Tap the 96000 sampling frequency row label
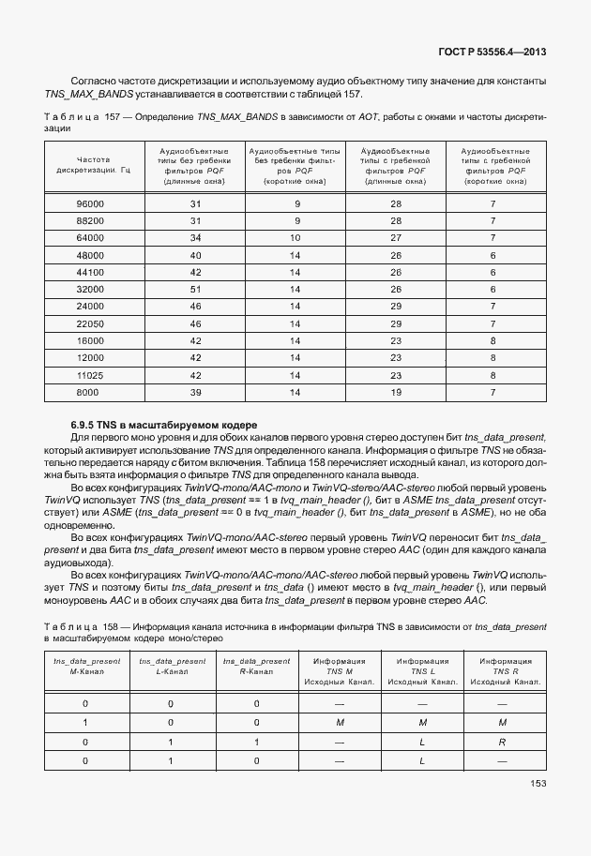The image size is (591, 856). point(90,203)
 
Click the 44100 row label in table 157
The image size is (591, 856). point(90,272)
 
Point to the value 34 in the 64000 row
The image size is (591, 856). point(196,237)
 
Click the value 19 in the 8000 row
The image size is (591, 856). point(396,392)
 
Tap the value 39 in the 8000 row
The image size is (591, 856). point(196,392)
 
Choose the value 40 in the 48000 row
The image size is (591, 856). point(196,255)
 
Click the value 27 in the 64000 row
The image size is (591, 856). point(396,237)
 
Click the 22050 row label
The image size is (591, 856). point(90,323)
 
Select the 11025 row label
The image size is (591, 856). point(90,375)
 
